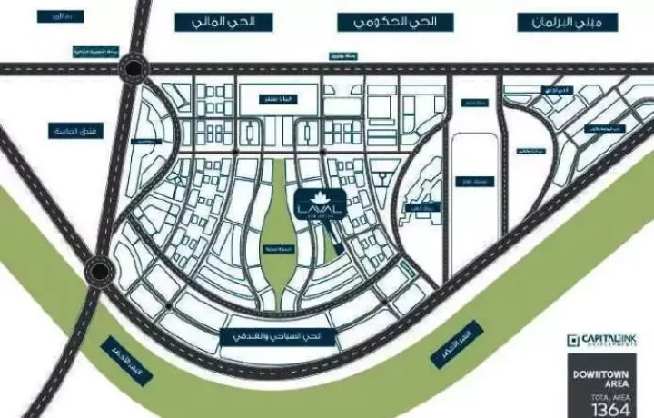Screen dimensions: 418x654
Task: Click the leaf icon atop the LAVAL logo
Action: click(320, 196)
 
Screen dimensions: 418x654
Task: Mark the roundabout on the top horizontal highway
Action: click(135, 68)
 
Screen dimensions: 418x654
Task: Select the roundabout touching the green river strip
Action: click(99, 271)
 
